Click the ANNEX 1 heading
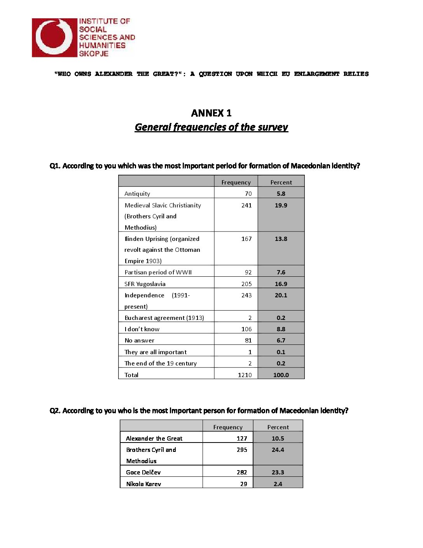211,113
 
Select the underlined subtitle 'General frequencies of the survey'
211,127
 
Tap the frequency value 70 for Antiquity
248,193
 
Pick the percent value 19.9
281,205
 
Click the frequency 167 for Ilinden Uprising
246,239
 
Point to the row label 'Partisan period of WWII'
158,272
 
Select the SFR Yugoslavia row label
145,284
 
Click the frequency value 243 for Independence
246,295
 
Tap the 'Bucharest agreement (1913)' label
164,318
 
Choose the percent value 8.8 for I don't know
281,329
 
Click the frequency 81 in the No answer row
248,340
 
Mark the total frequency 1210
245,375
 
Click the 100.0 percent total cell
281,375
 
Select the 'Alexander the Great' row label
154,438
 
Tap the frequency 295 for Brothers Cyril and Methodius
242,450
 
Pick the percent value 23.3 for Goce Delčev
278,472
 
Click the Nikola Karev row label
143,484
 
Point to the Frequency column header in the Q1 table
236,182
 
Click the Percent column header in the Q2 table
278,427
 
